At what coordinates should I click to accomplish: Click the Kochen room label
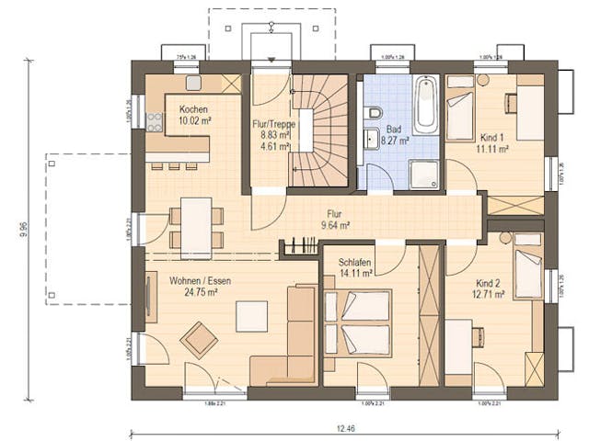[x=182, y=108]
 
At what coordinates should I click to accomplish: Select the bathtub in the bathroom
[x=425, y=107]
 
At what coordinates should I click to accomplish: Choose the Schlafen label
[x=354, y=261]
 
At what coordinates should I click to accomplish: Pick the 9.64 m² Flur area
[x=335, y=224]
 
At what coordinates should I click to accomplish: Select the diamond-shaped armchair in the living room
[x=199, y=339]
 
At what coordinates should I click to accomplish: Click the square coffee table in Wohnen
[x=251, y=316]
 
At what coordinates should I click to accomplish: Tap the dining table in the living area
[x=196, y=227]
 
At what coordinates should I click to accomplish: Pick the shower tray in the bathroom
[x=424, y=173]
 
